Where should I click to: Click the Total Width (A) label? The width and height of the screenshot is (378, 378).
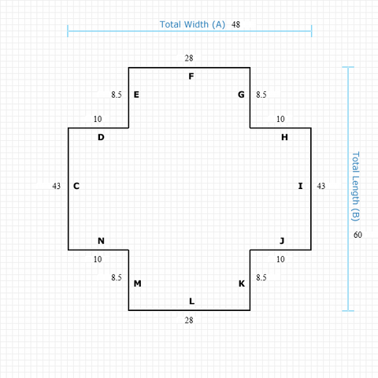(x=192, y=24)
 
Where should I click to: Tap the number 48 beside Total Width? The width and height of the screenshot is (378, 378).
(x=235, y=24)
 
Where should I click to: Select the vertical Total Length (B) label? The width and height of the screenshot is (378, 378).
(x=355, y=187)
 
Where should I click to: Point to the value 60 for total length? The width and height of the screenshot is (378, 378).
(x=358, y=235)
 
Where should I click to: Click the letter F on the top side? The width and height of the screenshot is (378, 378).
(x=191, y=76)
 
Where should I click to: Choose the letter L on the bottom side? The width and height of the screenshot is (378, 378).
(x=192, y=301)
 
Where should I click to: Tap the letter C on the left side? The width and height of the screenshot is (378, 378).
(x=76, y=186)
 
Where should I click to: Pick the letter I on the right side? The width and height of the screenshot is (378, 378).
(x=301, y=186)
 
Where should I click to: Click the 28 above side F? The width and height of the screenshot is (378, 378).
(x=189, y=58)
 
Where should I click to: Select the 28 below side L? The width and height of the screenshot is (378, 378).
(x=189, y=321)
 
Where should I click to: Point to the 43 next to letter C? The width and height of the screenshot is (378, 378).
(x=57, y=186)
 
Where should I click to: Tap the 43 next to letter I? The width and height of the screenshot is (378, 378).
(x=321, y=186)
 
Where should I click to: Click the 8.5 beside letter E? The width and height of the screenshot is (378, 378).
(x=117, y=94)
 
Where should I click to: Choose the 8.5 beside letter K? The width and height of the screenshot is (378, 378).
(x=261, y=277)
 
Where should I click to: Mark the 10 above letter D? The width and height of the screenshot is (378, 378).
(x=98, y=119)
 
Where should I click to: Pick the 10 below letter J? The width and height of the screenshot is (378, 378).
(x=280, y=259)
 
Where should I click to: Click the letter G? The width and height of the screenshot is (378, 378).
(x=241, y=94)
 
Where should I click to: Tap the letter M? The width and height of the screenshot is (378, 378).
(x=138, y=283)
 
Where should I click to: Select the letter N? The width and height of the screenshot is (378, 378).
(x=101, y=241)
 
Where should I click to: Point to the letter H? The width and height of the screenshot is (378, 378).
(x=284, y=137)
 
